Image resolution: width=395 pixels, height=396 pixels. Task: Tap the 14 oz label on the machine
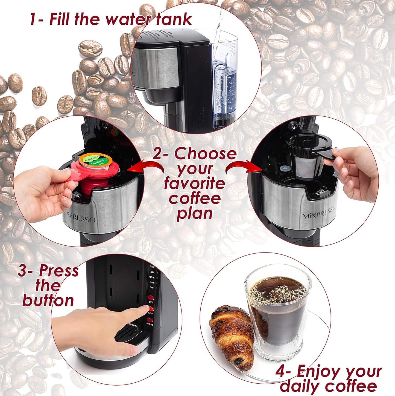coord(152,266)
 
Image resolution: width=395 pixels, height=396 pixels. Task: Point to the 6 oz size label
coord(152,287)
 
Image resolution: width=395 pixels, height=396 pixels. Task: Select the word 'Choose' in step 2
coord(205,154)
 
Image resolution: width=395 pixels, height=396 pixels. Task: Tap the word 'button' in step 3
coord(48,300)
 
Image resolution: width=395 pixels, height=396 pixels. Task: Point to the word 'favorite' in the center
coord(194,183)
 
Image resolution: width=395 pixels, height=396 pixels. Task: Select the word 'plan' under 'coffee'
coord(194,214)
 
